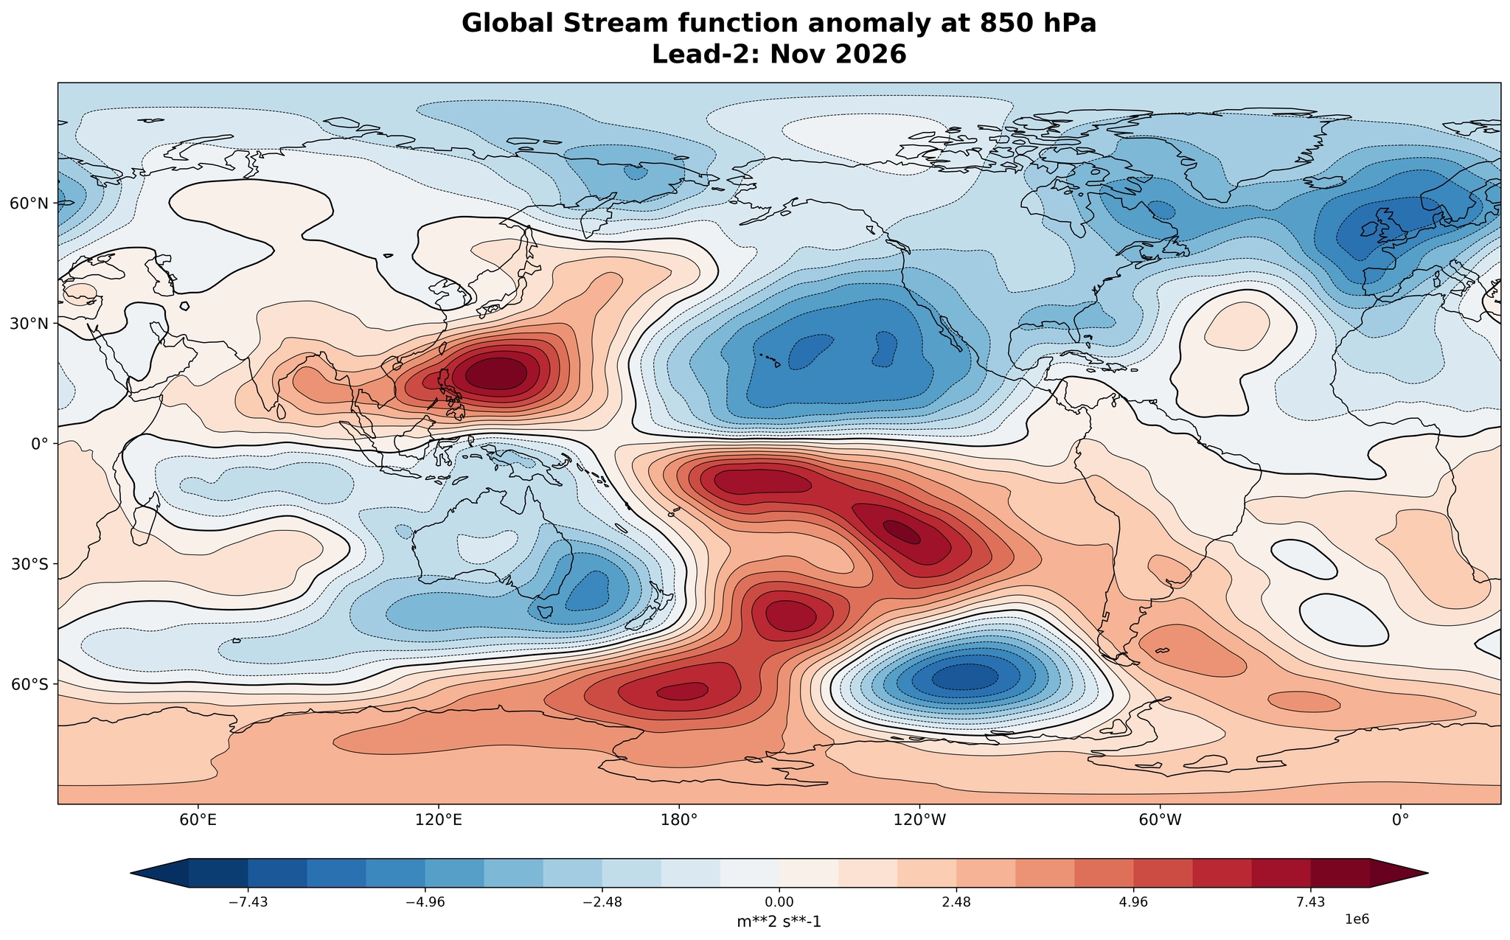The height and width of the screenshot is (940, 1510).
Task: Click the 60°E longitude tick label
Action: [198, 819]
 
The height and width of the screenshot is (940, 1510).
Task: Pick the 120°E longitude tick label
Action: [439, 819]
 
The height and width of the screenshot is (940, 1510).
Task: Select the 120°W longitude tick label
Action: [919, 819]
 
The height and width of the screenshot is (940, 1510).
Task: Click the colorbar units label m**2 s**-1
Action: [779, 922]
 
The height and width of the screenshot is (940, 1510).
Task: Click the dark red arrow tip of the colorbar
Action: [1427, 873]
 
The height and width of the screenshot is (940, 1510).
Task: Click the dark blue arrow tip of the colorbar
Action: [132, 873]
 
